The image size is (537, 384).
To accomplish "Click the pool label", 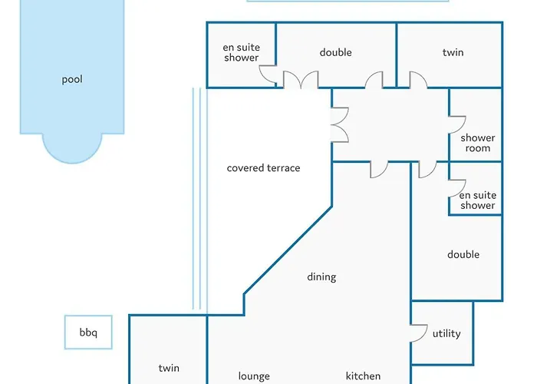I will [x=72, y=79].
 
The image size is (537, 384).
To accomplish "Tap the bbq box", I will [x=88, y=333].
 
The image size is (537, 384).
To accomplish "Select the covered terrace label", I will [x=263, y=167].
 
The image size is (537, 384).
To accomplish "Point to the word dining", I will [x=321, y=276].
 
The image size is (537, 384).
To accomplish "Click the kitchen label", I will [x=363, y=376].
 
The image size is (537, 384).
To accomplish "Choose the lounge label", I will [x=254, y=376].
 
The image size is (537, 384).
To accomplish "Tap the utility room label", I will [x=446, y=333].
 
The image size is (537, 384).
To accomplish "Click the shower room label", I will [x=477, y=143].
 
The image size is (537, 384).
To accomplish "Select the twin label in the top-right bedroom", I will [x=453, y=53].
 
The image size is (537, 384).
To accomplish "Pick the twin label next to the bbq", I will [x=169, y=368].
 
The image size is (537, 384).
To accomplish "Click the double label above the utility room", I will [x=463, y=254].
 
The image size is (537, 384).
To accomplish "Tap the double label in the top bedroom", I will [x=335, y=52].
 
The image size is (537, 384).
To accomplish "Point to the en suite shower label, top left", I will [x=241, y=52].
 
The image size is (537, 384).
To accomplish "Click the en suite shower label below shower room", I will [x=477, y=200].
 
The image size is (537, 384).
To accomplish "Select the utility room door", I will [x=418, y=332].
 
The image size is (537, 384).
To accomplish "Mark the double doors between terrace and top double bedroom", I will [x=300, y=80].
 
